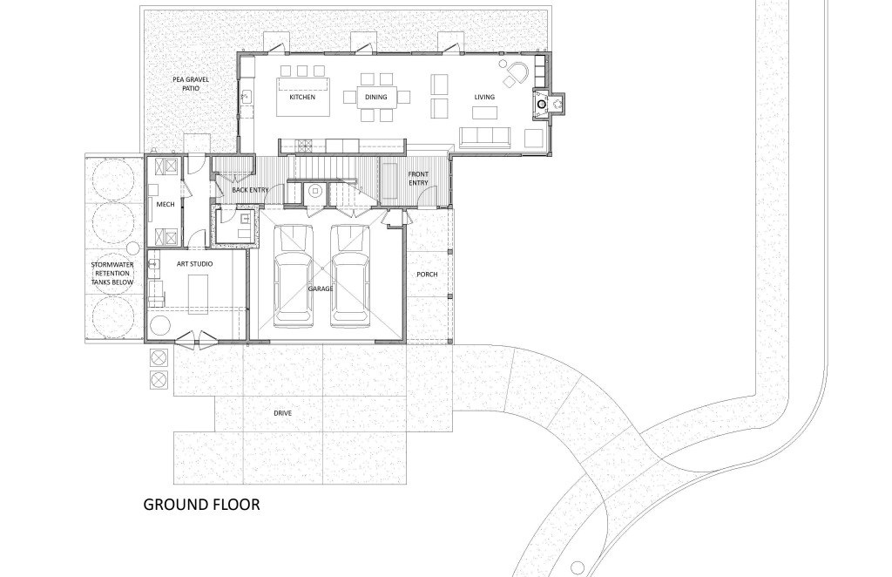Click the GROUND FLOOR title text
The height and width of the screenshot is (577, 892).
tap(201, 504)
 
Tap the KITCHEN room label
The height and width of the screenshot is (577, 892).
tap(302, 98)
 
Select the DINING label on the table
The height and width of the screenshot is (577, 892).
tap(376, 98)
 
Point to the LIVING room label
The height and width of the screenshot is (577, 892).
tap(484, 98)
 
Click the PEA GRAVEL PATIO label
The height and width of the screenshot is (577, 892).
tap(191, 84)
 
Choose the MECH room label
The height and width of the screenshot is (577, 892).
tap(166, 204)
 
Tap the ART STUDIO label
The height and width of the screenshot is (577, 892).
tap(194, 264)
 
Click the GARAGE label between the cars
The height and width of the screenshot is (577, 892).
tap(321, 288)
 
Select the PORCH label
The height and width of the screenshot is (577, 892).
tap(427, 275)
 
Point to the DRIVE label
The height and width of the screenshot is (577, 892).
tap(283, 413)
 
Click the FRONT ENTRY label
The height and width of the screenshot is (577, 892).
tap(418, 178)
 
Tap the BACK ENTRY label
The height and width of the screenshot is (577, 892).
tap(250, 190)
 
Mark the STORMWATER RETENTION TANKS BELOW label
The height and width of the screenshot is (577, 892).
tap(112, 273)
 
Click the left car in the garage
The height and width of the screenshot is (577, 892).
tap(294, 276)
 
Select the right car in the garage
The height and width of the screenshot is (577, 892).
tap(350, 276)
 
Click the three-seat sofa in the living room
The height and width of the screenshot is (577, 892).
tap(485, 137)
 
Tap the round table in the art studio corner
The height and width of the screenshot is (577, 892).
tap(159, 327)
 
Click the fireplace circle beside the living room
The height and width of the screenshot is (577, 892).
tap(542, 104)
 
